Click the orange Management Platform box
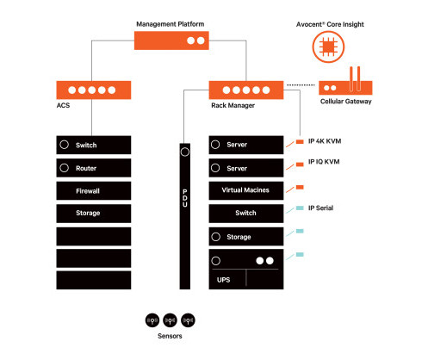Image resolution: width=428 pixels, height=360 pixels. pyautogui.click(x=171, y=40)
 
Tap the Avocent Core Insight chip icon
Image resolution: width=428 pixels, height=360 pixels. pyautogui.click(x=328, y=47)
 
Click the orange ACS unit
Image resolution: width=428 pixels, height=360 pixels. pyautogui.click(x=94, y=90)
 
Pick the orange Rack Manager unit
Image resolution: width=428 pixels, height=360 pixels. pyautogui.click(x=246, y=90)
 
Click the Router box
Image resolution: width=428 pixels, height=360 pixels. pyautogui.click(x=94, y=168)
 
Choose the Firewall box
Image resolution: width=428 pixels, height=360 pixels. pyautogui.click(x=94, y=190)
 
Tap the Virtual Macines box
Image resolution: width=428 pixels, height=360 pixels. pyautogui.click(x=246, y=190)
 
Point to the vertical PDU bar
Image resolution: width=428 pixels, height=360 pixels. pyautogui.click(x=185, y=216)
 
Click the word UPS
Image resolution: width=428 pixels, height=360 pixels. pyautogui.click(x=223, y=280)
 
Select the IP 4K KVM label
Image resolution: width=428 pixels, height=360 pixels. pyautogui.click(x=325, y=141)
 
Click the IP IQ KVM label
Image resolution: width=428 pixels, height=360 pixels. pyautogui.click(x=324, y=162)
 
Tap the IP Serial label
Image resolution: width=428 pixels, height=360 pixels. pyautogui.click(x=320, y=208)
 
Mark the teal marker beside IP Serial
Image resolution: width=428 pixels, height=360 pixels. pyautogui.click(x=300, y=208)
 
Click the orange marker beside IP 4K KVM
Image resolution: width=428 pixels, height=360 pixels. pyautogui.click(x=300, y=141)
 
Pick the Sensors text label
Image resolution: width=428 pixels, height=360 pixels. pyautogui.click(x=170, y=336)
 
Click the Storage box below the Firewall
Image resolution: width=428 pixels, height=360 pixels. pyautogui.click(x=94, y=214)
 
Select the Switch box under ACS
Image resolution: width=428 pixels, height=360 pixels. pyautogui.click(x=94, y=145)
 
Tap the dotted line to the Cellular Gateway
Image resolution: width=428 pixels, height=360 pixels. pyautogui.click(x=301, y=85)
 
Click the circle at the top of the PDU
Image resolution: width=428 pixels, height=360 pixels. pyautogui.click(x=185, y=152)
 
